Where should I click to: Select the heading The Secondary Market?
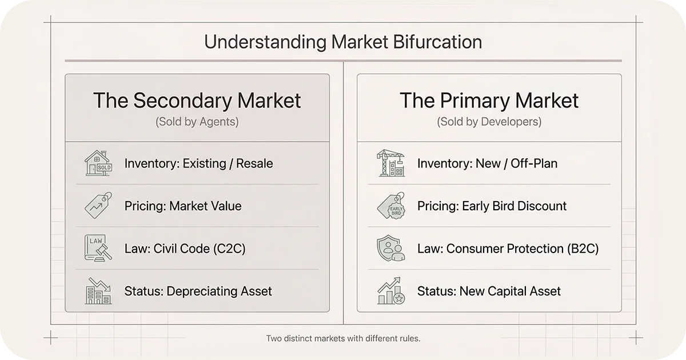click(197, 101)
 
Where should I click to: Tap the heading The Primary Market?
click(489, 101)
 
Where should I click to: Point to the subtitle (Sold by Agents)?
click(197, 122)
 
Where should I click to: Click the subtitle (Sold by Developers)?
click(489, 122)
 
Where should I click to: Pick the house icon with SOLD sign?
click(98, 163)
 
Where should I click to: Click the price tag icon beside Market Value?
click(98, 206)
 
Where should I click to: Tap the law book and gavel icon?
click(98, 249)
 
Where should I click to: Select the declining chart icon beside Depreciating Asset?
click(98, 291)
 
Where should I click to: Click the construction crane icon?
click(391, 163)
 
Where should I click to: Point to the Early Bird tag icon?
click(391, 206)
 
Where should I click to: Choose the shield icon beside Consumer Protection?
click(391, 249)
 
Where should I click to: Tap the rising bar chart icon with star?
click(391, 291)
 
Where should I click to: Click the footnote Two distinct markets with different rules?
click(343, 338)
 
